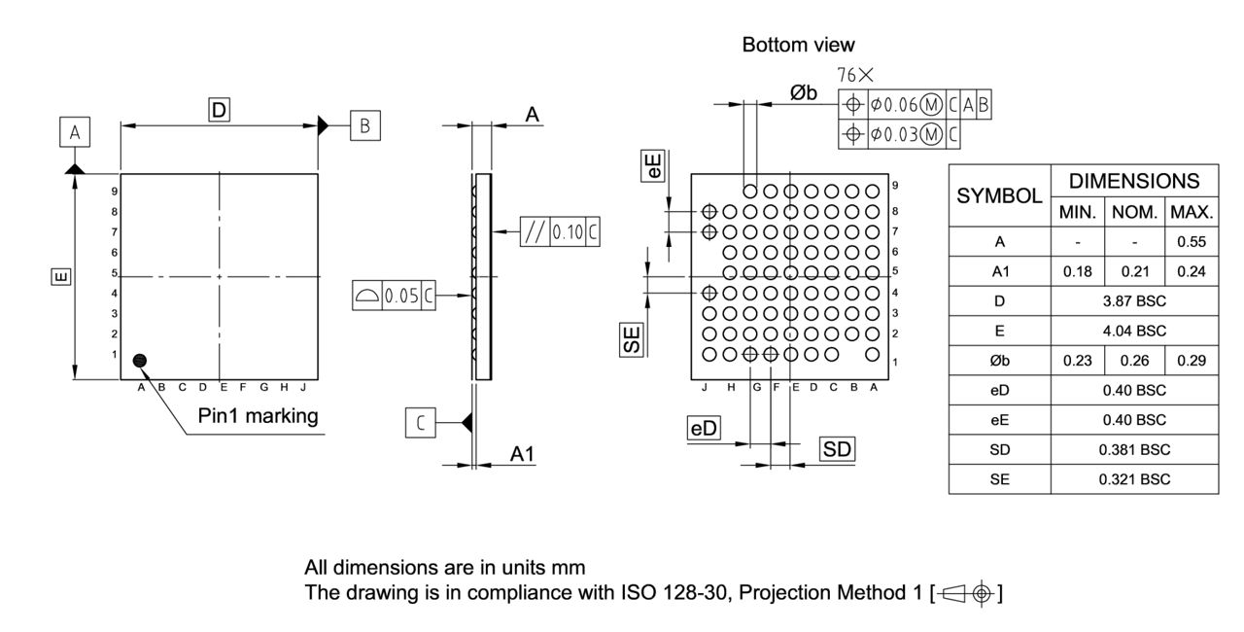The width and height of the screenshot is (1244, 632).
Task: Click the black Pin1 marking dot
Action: (141, 361)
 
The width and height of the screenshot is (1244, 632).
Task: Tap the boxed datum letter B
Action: (364, 125)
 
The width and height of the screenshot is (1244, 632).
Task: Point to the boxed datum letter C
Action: (420, 423)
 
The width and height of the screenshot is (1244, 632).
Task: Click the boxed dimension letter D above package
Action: (220, 111)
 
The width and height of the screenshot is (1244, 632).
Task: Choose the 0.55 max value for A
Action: (1191, 241)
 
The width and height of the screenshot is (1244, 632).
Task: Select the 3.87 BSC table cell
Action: (1134, 301)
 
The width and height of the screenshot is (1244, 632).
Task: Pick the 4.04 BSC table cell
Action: (1134, 331)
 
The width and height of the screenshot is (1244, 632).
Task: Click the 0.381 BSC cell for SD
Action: (1134, 450)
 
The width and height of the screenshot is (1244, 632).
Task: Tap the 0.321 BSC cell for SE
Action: (1134, 479)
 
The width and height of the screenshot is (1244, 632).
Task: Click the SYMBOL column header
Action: (999, 195)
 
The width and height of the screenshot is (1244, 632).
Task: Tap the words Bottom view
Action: (798, 45)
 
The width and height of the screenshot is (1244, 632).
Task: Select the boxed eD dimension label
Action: (704, 428)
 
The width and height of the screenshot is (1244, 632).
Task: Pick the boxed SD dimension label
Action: (837, 449)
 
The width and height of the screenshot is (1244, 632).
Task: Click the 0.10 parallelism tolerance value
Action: (568, 232)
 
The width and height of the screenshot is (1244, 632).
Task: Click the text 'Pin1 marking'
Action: (258, 416)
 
